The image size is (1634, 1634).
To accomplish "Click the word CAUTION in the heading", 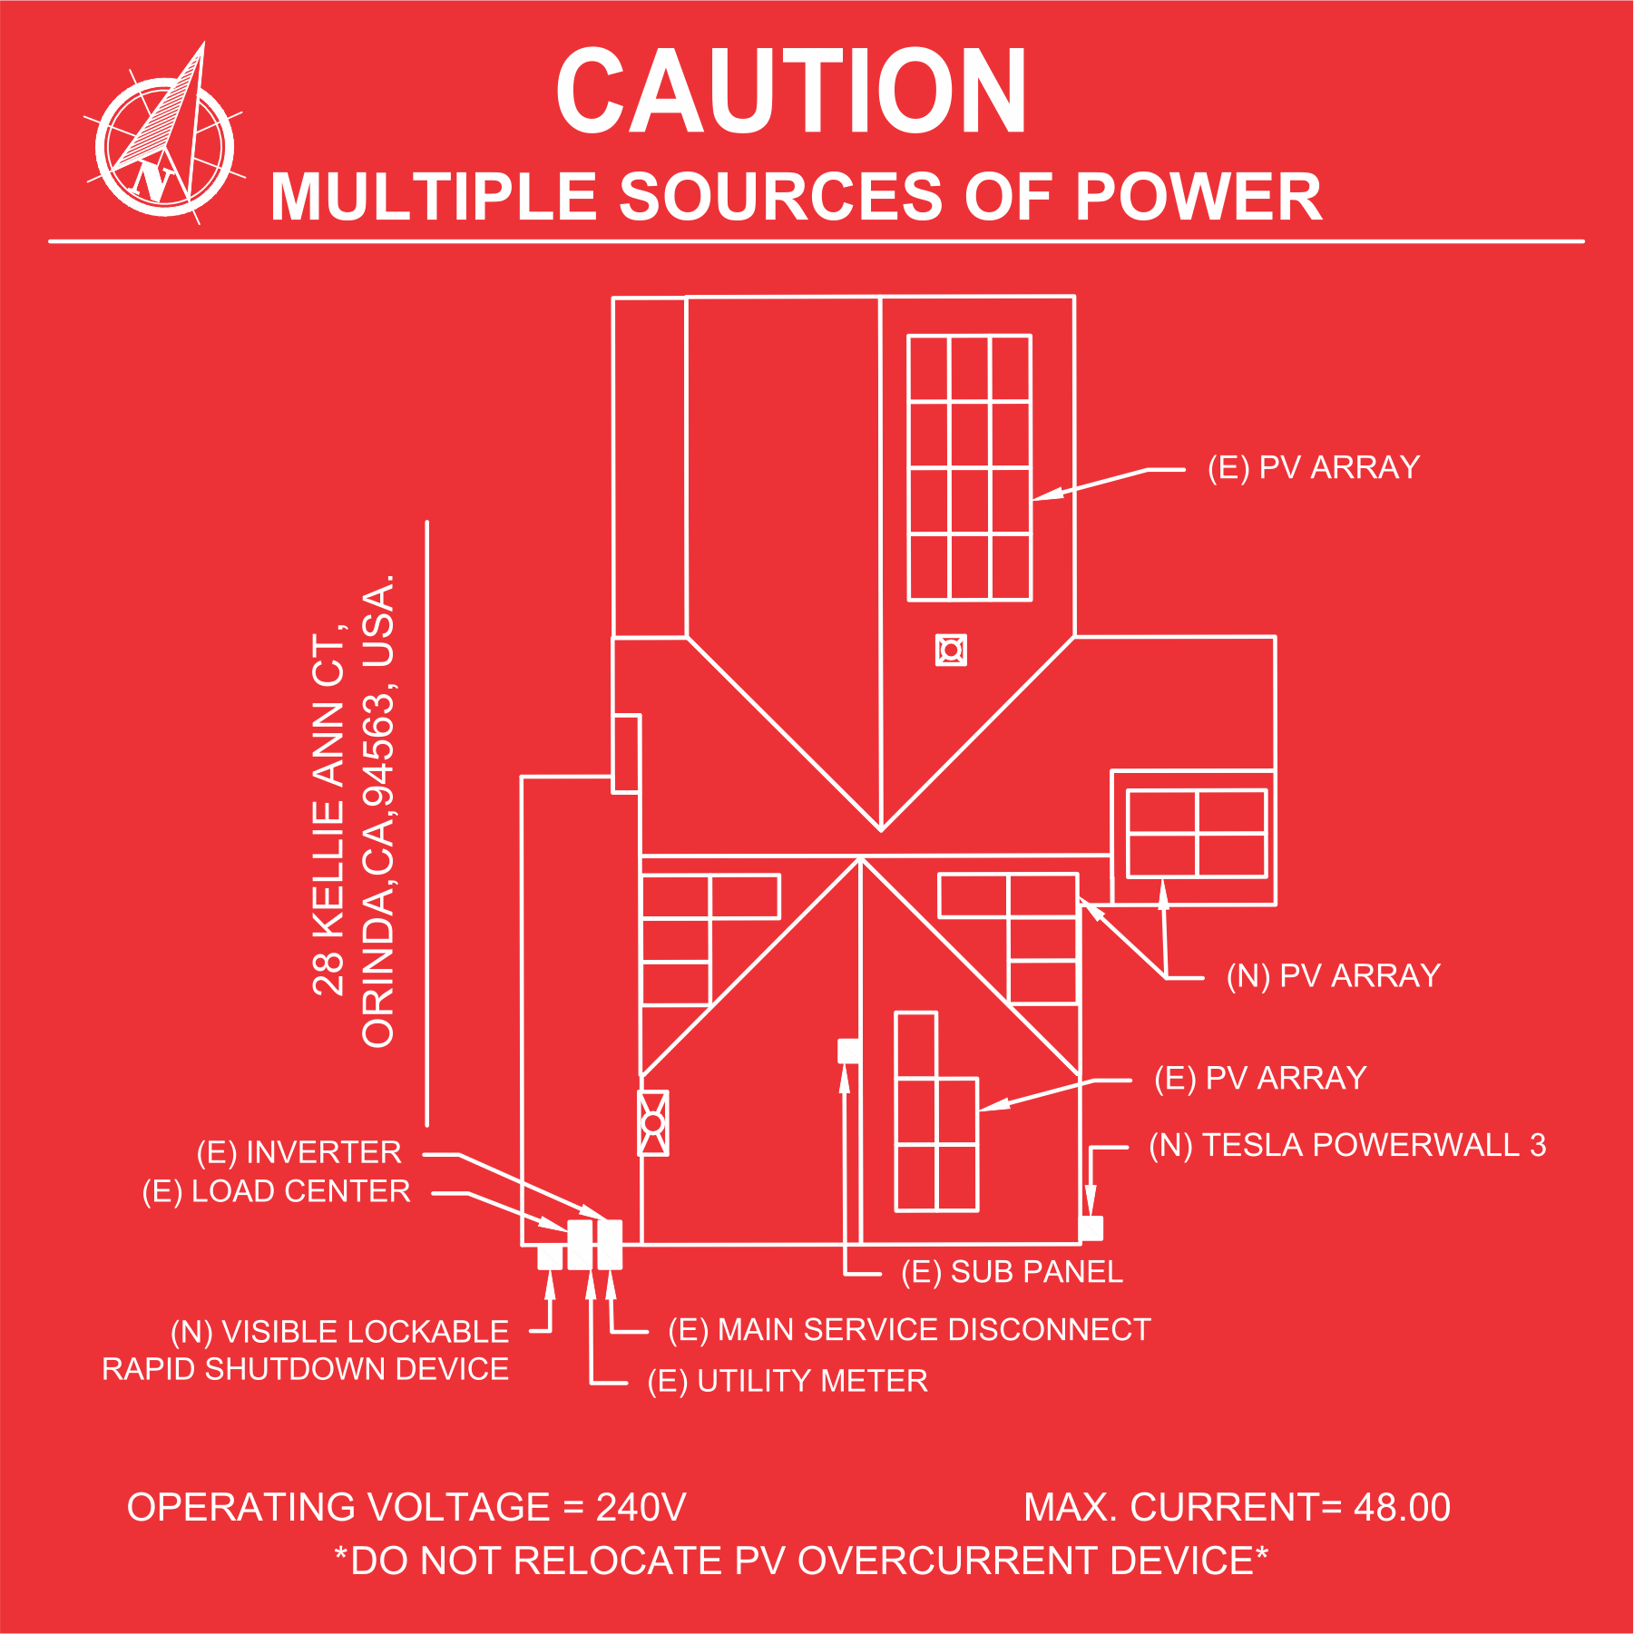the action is pyautogui.click(x=791, y=91).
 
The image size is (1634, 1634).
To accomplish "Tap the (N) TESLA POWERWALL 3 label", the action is pyautogui.click(x=1347, y=1145).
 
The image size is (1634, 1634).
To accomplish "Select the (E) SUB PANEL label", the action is pyautogui.click(x=1013, y=1272).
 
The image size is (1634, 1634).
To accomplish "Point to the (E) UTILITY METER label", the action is pyautogui.click(x=788, y=1381).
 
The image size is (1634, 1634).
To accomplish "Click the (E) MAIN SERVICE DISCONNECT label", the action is pyautogui.click(x=909, y=1330).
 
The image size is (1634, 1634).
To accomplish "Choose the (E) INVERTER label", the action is pyautogui.click(x=298, y=1152).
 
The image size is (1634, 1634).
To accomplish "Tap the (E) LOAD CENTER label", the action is pyautogui.click(x=276, y=1191).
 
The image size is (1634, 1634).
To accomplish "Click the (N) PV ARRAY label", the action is pyautogui.click(x=1334, y=975).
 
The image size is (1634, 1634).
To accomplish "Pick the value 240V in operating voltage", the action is pyautogui.click(x=641, y=1507).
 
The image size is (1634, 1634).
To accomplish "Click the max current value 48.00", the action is pyautogui.click(x=1402, y=1507).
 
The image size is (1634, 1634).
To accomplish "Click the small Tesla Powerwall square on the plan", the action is pyautogui.click(x=1091, y=1228).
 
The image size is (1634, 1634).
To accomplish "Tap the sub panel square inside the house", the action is pyautogui.click(x=849, y=1051).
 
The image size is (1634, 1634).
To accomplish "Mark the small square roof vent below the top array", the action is pyautogui.click(x=951, y=650).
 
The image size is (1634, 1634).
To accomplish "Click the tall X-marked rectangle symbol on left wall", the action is pyautogui.click(x=653, y=1123).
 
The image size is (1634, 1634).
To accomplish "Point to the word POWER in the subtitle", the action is pyautogui.click(x=1199, y=196).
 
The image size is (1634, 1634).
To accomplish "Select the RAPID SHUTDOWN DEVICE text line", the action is pyautogui.click(x=305, y=1369).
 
